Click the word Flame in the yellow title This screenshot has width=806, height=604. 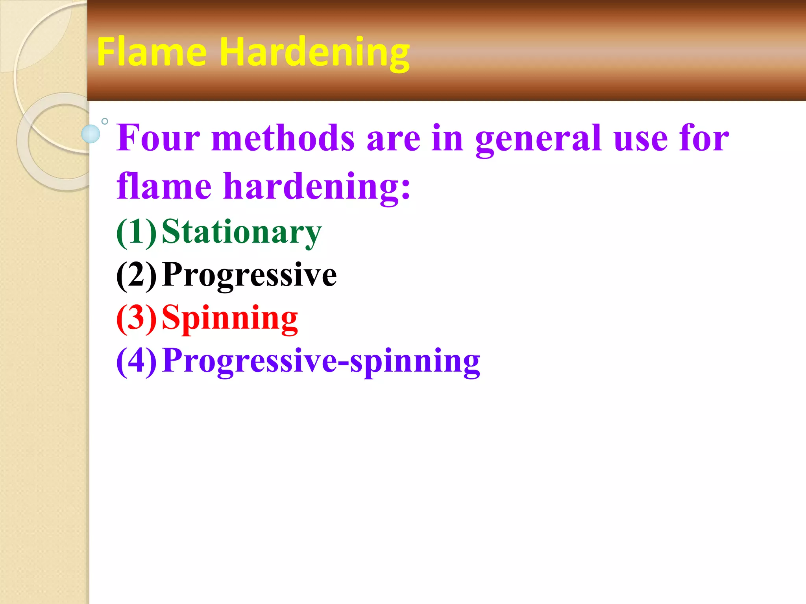coord(152,52)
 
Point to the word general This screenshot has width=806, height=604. coord(538,138)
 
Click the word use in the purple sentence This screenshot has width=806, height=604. coord(640,138)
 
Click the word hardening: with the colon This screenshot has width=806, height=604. coord(317,187)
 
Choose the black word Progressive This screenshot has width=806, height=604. coord(249,275)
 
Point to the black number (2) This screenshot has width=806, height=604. coord(136,275)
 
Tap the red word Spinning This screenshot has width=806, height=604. coord(230,319)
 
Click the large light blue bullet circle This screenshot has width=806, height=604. coord(91,134)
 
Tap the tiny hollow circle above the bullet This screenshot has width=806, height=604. coord(105,121)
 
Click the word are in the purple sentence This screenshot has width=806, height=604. coord(393,138)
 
